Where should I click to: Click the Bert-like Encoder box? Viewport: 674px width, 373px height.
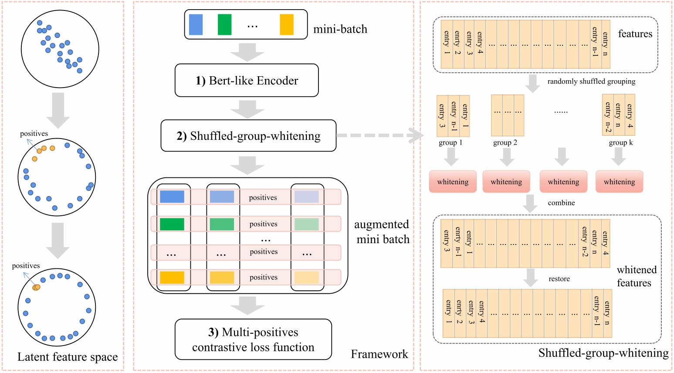click(x=247, y=81)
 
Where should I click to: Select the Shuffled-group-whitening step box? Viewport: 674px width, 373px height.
click(x=248, y=136)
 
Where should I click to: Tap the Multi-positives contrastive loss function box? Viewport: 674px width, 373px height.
click(x=253, y=339)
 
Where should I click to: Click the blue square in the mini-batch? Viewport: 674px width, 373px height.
click(x=196, y=25)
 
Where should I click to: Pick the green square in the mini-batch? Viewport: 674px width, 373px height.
click(x=224, y=25)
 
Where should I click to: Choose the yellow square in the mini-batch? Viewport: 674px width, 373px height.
click(x=286, y=25)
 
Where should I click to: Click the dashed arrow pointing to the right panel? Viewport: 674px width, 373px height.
click(x=379, y=136)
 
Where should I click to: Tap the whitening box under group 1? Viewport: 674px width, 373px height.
click(x=453, y=182)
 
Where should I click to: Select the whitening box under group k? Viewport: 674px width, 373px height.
click(x=619, y=182)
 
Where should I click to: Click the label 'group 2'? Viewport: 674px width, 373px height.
click(x=505, y=142)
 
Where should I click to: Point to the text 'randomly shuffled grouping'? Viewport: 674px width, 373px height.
click(x=591, y=81)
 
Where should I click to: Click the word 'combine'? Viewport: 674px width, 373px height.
click(x=561, y=203)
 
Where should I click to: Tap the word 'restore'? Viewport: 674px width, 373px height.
click(x=559, y=279)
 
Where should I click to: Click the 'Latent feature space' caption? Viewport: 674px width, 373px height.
click(x=68, y=357)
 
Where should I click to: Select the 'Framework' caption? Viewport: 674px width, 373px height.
click(x=379, y=354)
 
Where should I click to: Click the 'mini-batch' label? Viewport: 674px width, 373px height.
click(x=340, y=29)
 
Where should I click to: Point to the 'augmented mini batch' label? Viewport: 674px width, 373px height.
click(x=382, y=232)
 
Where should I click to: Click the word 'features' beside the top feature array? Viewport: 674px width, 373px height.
click(x=635, y=34)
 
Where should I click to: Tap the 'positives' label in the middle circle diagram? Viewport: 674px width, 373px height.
click(x=34, y=134)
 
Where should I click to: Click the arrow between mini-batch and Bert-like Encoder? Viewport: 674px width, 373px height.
click(x=247, y=53)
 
